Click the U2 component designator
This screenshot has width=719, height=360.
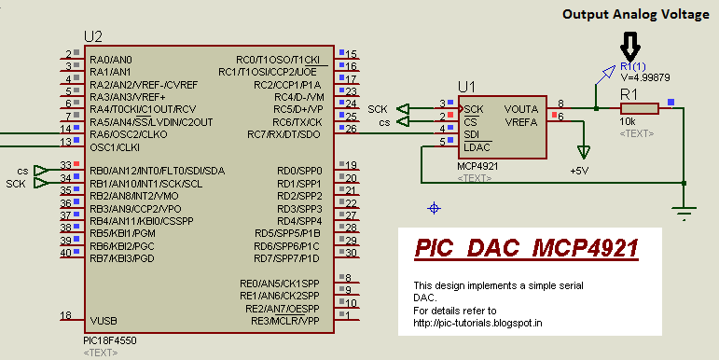92,36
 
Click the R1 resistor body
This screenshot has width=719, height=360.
640,108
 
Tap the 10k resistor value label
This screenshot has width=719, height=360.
627,122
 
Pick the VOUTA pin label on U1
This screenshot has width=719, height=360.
521,108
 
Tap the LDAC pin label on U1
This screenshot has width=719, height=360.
477,147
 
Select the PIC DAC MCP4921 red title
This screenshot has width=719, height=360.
527,249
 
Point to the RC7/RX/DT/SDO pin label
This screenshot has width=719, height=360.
283,134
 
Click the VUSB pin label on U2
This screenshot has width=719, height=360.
104,319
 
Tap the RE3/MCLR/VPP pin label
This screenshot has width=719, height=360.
283,319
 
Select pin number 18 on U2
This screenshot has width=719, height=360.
65,315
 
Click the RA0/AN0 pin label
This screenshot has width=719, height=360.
111,58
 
